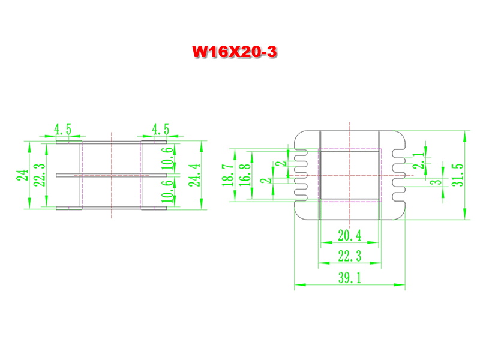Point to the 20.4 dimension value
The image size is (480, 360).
coord(350,235)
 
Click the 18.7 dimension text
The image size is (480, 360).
coord(227,175)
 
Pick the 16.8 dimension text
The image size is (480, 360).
coord(244,175)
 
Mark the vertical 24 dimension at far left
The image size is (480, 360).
coord(23,175)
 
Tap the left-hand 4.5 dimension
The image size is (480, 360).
coord(62,129)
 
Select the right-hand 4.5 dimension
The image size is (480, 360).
coord(160,129)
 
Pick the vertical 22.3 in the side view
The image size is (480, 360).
coord(40,175)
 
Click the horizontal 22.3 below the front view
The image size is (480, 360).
coord(350,256)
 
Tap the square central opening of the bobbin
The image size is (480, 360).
coord(350,175)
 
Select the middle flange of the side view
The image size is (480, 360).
coord(111,175)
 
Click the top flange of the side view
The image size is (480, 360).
coord(111,142)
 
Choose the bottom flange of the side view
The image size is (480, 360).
coord(111,209)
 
